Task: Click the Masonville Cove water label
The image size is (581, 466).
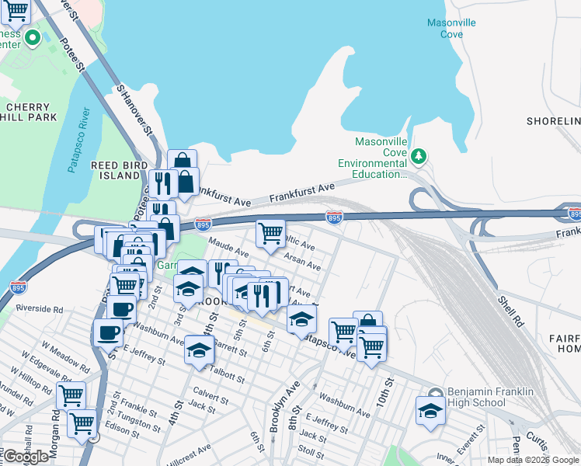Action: [451, 28]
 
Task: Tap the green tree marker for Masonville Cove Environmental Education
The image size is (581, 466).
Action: [419, 157]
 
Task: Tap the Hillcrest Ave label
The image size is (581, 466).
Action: [186, 450]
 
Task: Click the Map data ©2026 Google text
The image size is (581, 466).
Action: [533, 460]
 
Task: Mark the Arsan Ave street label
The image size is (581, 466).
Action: [302, 260]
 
